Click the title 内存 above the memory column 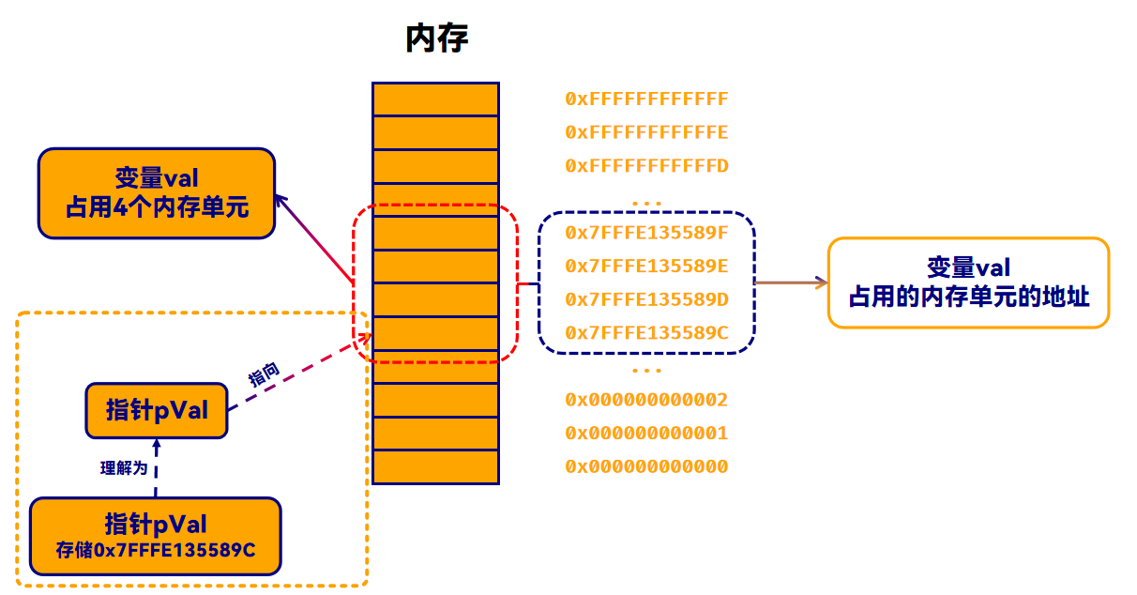(436, 38)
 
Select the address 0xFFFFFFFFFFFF (646, 99)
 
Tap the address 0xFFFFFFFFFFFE (646, 132)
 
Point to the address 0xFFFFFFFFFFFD (646, 166)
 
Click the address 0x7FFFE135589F (646, 233)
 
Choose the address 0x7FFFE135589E (646, 267)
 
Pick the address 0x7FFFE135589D (646, 299)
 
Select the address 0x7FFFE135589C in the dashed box (646, 333)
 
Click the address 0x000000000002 (646, 400)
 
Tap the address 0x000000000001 (646, 434)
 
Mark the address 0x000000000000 (646, 466)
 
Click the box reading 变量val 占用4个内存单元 (157, 192)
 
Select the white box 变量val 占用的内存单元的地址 (968, 282)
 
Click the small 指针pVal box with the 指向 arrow (157, 410)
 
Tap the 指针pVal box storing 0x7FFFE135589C (156, 536)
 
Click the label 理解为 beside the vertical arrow (124, 467)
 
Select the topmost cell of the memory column (435, 99)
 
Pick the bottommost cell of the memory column (435, 466)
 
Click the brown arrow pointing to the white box (790, 282)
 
